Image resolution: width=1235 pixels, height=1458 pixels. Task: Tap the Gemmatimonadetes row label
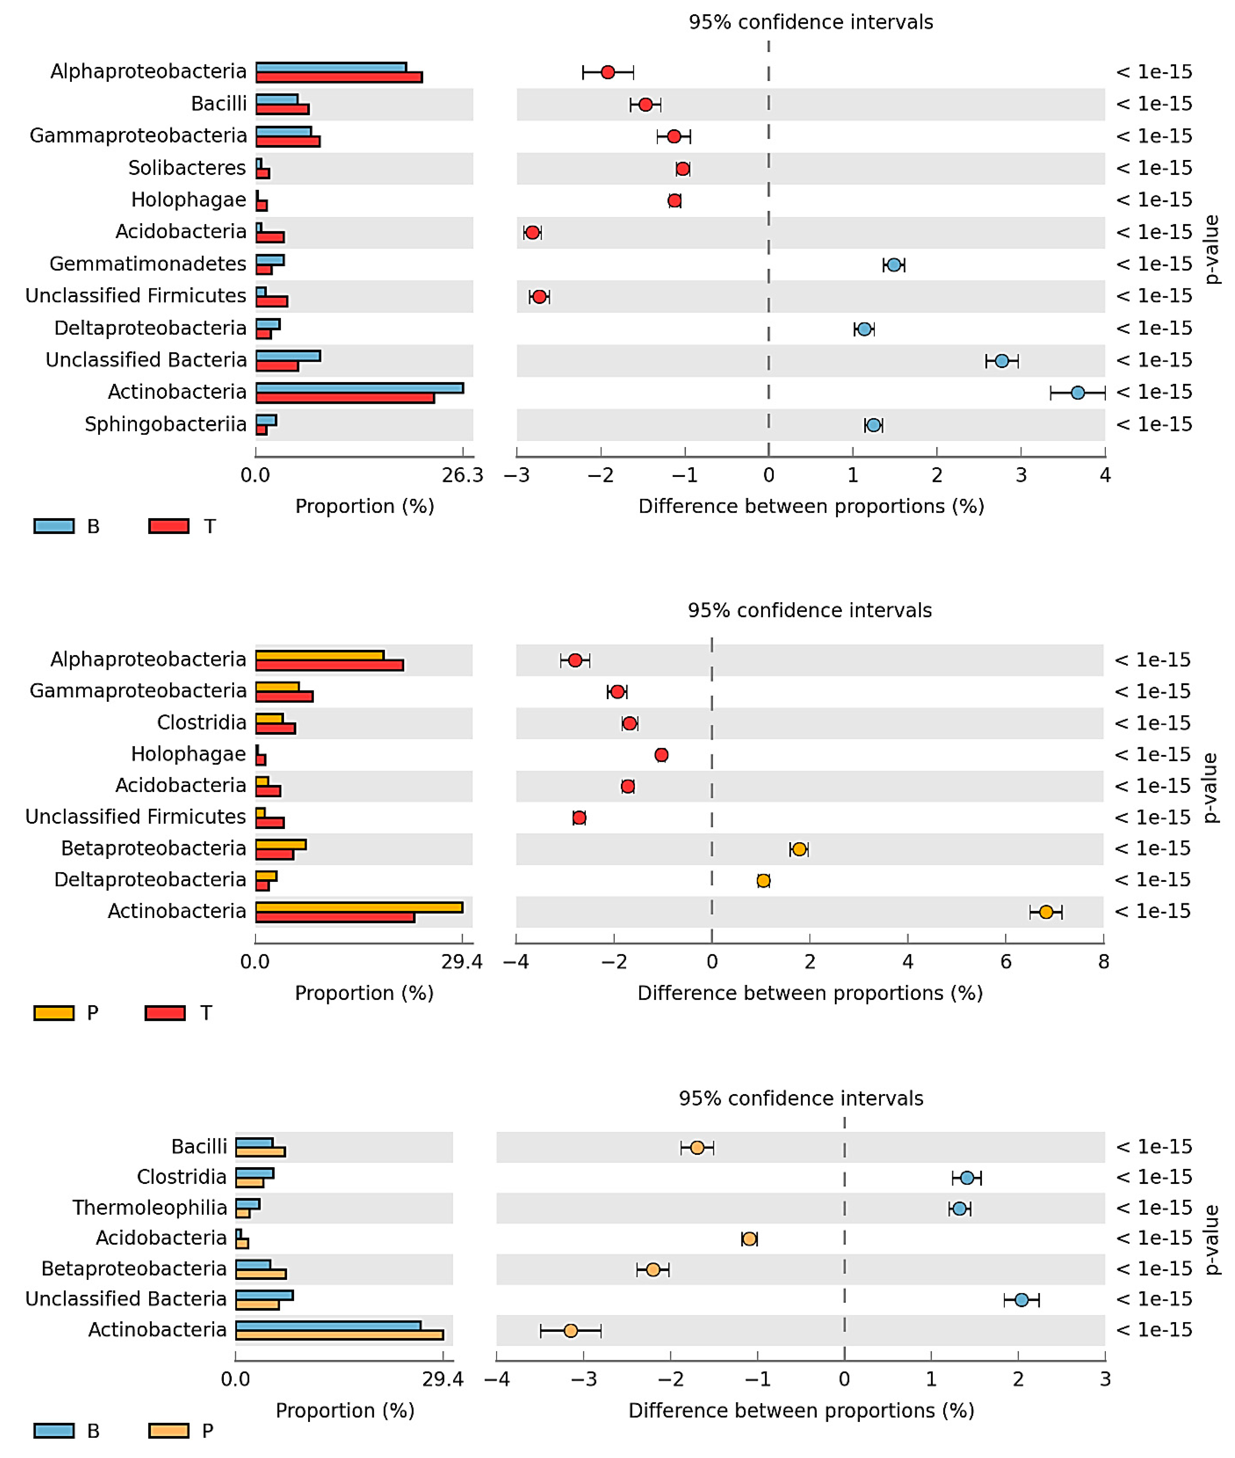click(148, 264)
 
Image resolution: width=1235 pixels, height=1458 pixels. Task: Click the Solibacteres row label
click(187, 168)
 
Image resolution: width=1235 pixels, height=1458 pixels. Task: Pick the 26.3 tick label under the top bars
click(462, 475)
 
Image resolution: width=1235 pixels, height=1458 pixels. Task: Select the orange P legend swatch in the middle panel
click(54, 1013)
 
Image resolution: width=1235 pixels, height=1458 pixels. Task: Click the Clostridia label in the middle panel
click(202, 723)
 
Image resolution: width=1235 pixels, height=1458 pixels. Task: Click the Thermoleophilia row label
click(150, 1207)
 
